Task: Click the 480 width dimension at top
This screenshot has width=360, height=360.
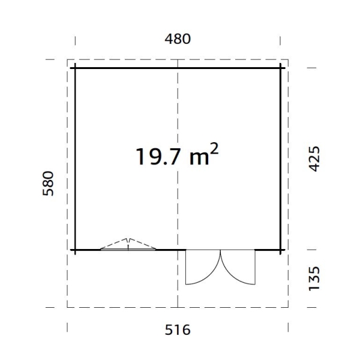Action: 178,39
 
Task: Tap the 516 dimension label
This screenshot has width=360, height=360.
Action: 178,330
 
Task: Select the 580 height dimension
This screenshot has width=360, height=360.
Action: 48,183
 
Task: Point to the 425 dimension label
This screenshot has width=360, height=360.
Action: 314,159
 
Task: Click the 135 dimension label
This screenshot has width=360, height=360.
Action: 314,278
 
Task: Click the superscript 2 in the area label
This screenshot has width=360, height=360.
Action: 214,149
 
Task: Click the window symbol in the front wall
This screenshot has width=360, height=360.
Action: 128,245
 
